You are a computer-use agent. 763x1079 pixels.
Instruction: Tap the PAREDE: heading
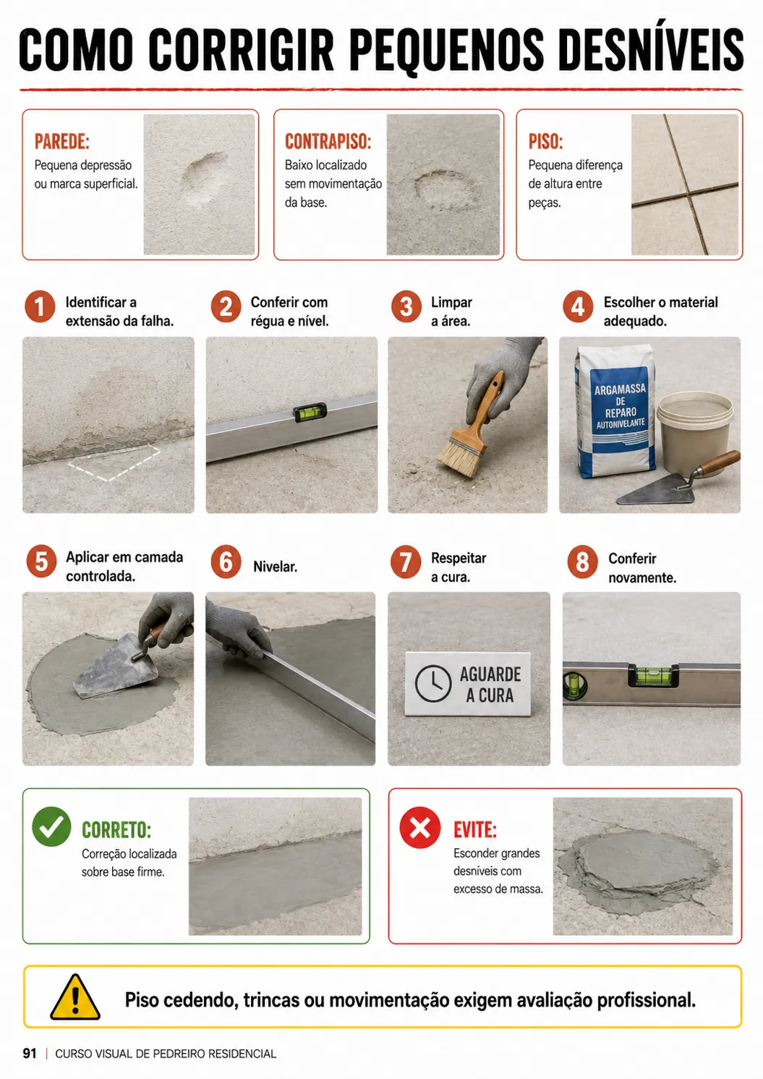pyautogui.click(x=61, y=142)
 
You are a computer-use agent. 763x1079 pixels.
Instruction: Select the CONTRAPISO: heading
pyautogui.click(x=328, y=142)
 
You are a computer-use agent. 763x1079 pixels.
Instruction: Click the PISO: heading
pyautogui.click(x=545, y=142)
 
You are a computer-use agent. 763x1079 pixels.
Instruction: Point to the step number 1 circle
pyautogui.click(x=40, y=307)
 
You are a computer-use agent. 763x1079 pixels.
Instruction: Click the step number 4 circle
pyautogui.click(x=578, y=307)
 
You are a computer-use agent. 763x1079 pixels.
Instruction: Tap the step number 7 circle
pyautogui.click(x=406, y=562)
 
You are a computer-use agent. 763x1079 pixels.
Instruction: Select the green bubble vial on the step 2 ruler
pyautogui.click(x=310, y=412)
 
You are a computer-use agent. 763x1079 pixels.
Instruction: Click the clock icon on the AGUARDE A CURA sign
pyautogui.click(x=432, y=684)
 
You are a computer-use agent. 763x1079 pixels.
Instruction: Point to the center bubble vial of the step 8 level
pyautogui.click(x=653, y=675)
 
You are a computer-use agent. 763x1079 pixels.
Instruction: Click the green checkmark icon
pyautogui.click(x=51, y=826)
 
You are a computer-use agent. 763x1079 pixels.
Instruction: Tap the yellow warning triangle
pyautogui.click(x=75, y=997)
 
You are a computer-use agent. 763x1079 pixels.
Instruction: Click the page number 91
pyautogui.click(x=30, y=1054)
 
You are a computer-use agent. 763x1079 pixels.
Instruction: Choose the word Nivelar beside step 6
pyautogui.click(x=276, y=567)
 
